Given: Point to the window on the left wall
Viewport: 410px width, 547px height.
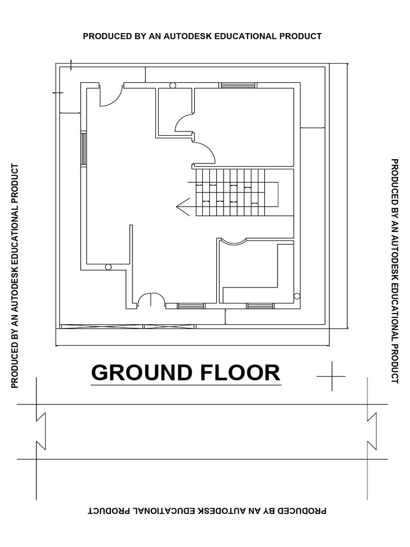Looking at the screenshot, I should pyautogui.click(x=83, y=148).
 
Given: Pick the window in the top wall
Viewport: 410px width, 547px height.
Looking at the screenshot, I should pyautogui.click(x=238, y=85).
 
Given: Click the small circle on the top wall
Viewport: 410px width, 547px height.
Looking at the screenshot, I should pyautogui.click(x=172, y=85).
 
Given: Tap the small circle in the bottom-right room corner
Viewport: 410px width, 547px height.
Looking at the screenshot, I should pyautogui.click(x=297, y=296).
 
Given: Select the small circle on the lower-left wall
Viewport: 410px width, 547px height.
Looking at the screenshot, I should pyautogui.click(x=108, y=267).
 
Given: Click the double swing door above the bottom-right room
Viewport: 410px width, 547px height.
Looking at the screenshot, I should pyautogui.click(x=233, y=241).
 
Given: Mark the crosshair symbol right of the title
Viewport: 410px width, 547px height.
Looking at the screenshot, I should pyautogui.click(x=331, y=376).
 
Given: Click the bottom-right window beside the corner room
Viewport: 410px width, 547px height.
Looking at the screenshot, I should pyautogui.click(x=261, y=306).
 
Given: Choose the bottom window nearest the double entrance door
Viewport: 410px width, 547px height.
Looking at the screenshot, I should pyautogui.click(x=191, y=306).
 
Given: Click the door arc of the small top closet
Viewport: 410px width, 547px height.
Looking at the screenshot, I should pyautogui.click(x=184, y=123).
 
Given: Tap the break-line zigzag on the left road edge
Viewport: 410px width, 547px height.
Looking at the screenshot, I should pyautogui.click(x=40, y=431).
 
